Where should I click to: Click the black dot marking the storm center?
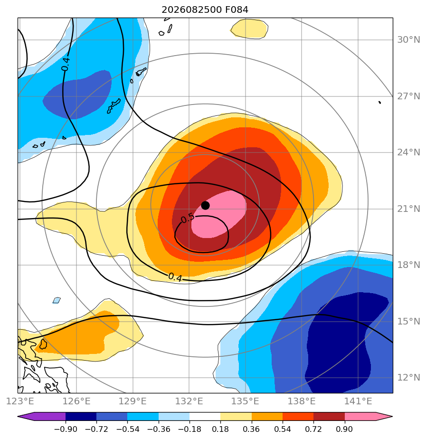click(205, 206)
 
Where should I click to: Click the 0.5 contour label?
click(187, 218)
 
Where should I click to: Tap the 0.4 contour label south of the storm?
click(175, 277)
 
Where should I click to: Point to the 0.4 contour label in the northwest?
click(66, 64)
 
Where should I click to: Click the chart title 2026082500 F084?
click(205, 10)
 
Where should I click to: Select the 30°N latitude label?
click(408, 40)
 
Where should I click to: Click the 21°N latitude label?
click(408, 209)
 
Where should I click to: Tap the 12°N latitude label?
click(408, 378)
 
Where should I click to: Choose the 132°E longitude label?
click(189, 401)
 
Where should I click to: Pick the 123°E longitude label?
click(20, 401)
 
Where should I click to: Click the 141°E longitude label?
click(358, 401)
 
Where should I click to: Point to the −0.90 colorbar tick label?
click(66, 429)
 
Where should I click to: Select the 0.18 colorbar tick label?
click(220, 429)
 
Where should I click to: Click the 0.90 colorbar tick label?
click(344, 429)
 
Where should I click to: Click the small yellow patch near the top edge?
click(249, 29)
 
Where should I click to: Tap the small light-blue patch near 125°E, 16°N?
click(57, 300)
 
